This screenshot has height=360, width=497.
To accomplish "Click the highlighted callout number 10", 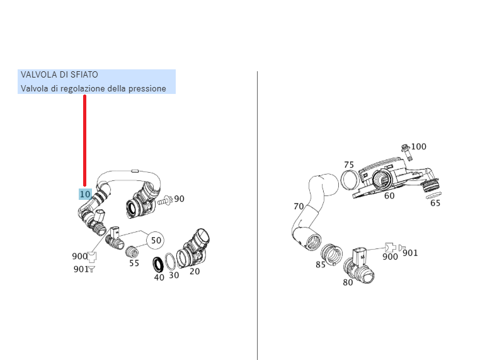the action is (85, 194).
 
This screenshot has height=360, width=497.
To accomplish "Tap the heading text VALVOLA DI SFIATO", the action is (59, 75).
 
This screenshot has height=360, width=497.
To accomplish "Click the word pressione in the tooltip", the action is (147, 88).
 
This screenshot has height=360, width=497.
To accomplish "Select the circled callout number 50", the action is (156, 240).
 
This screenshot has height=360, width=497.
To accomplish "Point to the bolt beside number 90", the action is (164, 200).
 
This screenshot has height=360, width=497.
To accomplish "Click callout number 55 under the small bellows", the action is (134, 264).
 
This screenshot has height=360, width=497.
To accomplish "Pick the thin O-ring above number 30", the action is (171, 261).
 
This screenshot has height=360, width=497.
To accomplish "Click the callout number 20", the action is (195, 272).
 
